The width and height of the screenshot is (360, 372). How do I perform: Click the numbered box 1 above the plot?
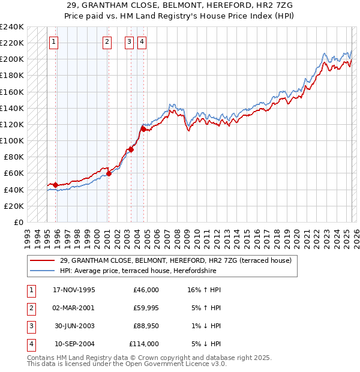pyautogui.click(x=54, y=42)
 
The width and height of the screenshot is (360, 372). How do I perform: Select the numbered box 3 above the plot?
pyautogui.click(x=130, y=42)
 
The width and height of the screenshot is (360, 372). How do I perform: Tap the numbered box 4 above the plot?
pyautogui.click(x=142, y=42)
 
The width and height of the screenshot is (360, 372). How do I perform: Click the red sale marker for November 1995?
pyautogui.click(x=55, y=185)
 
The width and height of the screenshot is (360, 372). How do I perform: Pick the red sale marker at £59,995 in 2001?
pyautogui.click(x=109, y=173)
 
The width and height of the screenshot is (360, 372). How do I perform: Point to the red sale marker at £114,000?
pyautogui.click(x=143, y=129)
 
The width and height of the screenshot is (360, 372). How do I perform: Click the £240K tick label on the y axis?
pyautogui.click(x=11, y=27)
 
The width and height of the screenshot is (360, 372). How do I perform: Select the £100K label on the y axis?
pyautogui.click(x=11, y=140)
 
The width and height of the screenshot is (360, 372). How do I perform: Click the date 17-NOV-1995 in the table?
pyautogui.click(x=74, y=290)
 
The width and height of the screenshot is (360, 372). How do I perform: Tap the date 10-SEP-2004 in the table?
pyautogui.click(x=74, y=344)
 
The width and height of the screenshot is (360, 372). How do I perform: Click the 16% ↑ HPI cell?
pyautogui.click(x=205, y=290)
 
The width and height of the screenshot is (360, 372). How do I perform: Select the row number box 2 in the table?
pyautogui.click(x=29, y=308)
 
